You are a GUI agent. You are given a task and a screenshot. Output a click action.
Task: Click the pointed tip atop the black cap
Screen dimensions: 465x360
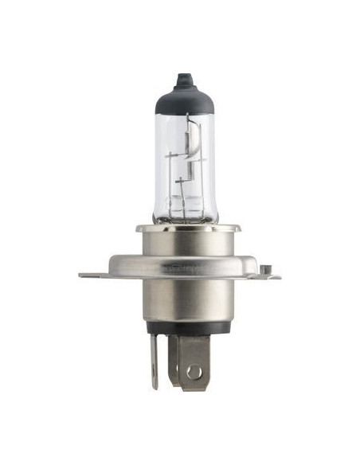(x=182, y=77)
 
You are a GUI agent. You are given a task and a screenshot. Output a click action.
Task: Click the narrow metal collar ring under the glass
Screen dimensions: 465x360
(x=182, y=229)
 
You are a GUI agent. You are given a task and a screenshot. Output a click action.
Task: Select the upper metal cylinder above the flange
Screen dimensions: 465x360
(x=182, y=247)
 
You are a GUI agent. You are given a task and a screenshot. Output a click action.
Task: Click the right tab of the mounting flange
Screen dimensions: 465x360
(x=267, y=275)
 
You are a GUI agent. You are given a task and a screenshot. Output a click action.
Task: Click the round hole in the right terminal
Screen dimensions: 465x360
(x=192, y=372)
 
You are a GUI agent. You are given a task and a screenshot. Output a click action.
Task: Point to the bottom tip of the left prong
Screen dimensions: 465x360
(x=155, y=387)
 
